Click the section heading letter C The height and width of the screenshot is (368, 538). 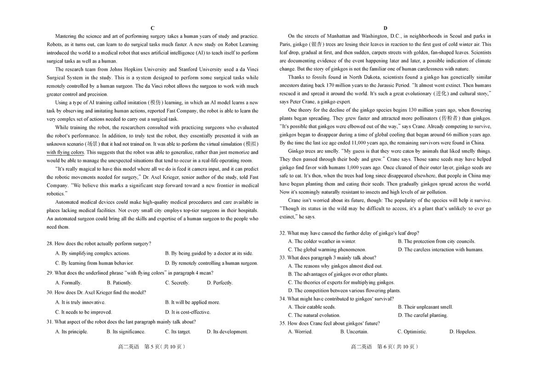152,28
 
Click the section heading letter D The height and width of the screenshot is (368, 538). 385,28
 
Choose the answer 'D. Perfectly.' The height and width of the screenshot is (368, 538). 220,282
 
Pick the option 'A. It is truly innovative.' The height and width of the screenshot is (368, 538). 80,302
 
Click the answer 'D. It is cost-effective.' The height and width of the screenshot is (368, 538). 187,312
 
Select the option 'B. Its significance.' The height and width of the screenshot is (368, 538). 126,331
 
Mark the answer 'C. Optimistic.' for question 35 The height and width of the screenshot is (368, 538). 412,331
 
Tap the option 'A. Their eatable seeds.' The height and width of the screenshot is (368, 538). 312,307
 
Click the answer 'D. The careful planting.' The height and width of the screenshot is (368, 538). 422,315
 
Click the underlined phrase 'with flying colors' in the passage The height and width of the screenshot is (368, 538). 65,152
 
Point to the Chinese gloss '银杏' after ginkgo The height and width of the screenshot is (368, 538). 317,44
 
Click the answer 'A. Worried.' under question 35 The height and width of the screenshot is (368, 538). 300,331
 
